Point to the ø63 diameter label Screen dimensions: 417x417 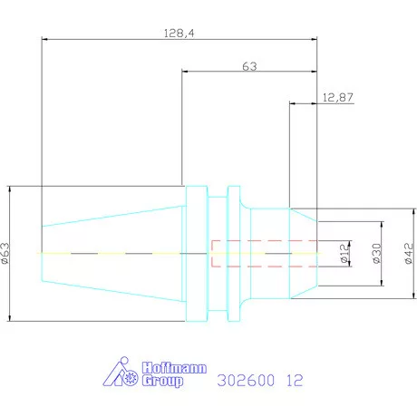[x=6, y=254]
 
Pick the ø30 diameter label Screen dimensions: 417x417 [x=374, y=253]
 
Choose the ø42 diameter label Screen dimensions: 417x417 [x=409, y=253]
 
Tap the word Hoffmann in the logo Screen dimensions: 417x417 [x=173, y=368]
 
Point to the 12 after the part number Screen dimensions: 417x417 [x=296, y=382]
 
